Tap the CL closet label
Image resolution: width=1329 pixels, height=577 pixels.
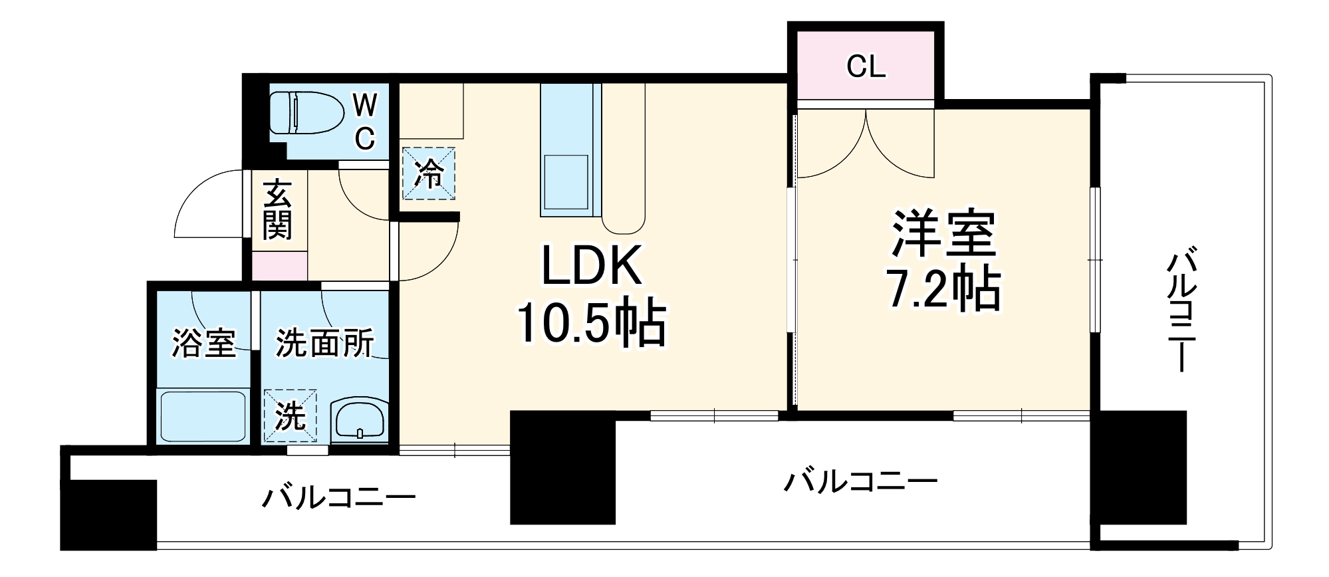(x=866, y=67)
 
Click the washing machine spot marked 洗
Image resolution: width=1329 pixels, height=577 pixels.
(x=290, y=417)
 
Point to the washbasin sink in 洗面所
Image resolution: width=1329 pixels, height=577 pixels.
(x=359, y=420)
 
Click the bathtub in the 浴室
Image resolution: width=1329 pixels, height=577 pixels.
(x=202, y=417)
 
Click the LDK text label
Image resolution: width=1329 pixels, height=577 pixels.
(x=592, y=267)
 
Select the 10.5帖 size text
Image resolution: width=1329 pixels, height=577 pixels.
(x=592, y=324)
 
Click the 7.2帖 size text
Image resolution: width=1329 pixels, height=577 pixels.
(x=943, y=288)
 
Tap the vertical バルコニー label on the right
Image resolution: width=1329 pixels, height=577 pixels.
(x=1181, y=310)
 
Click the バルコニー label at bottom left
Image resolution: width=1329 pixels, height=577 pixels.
(x=338, y=497)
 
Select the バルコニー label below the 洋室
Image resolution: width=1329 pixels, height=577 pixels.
(x=860, y=481)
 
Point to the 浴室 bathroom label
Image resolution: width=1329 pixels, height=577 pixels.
(x=203, y=343)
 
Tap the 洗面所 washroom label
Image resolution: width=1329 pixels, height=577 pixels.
(x=324, y=343)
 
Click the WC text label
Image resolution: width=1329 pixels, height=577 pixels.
(x=364, y=122)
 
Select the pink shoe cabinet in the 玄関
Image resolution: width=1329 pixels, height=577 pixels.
(x=280, y=266)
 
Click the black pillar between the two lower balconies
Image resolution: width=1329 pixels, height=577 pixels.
(x=562, y=468)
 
